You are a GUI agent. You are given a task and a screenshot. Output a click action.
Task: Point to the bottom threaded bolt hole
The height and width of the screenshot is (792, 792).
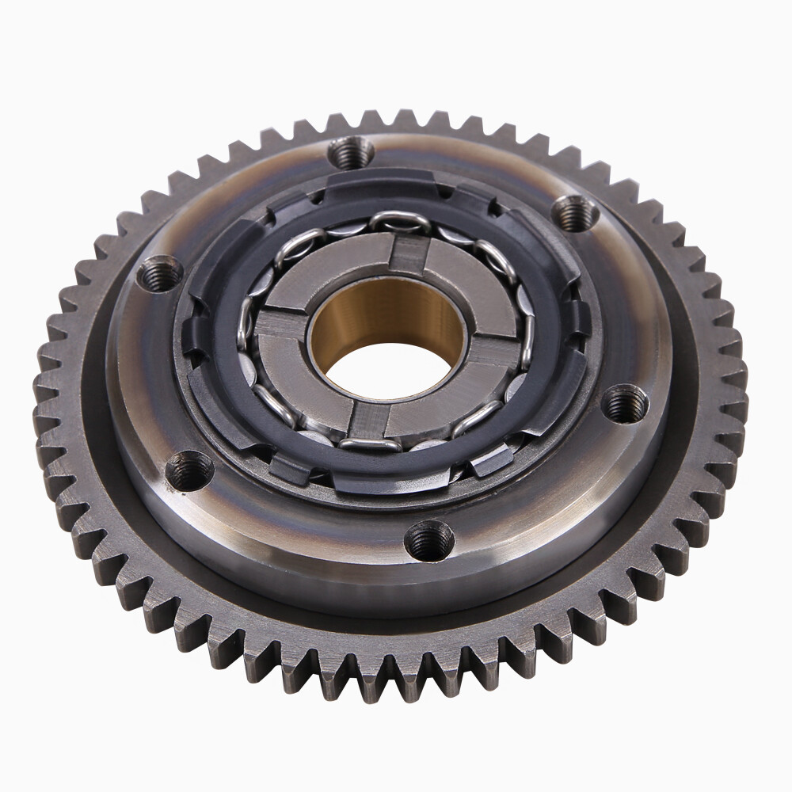pyautogui.click(x=430, y=541)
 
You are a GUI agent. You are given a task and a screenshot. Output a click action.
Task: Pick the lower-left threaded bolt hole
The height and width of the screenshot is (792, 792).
pyautogui.click(x=191, y=470)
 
